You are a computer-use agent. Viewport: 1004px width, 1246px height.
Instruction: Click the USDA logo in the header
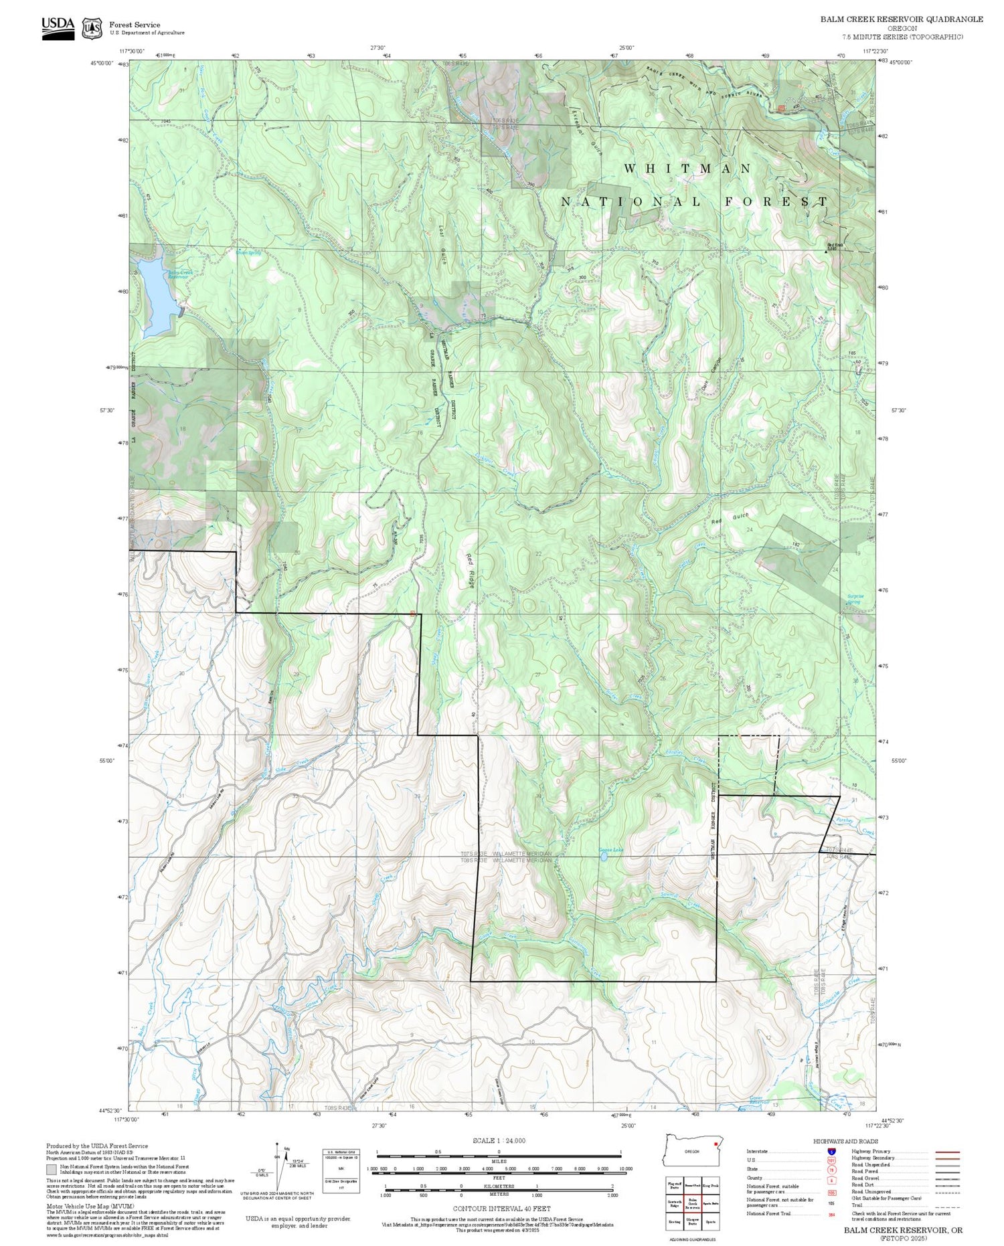pos(58,27)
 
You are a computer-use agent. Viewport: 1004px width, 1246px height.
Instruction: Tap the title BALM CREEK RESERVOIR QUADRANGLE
pos(902,19)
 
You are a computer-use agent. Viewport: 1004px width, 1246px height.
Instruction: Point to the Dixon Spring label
pos(248,254)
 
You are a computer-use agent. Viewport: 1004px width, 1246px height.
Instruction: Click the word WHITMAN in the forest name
pos(687,169)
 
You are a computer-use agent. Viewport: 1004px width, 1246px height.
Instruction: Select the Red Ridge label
pos(471,570)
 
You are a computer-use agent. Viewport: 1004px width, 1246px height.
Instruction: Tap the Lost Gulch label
pos(442,245)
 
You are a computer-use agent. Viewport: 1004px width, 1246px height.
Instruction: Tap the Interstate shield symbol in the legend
pos(831,1151)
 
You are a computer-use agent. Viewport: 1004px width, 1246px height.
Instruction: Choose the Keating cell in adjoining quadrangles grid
pos(674,1221)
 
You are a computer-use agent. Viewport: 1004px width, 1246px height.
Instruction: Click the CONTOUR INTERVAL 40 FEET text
pos(501,1209)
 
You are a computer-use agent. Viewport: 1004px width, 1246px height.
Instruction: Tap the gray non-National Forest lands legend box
pos(52,1169)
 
